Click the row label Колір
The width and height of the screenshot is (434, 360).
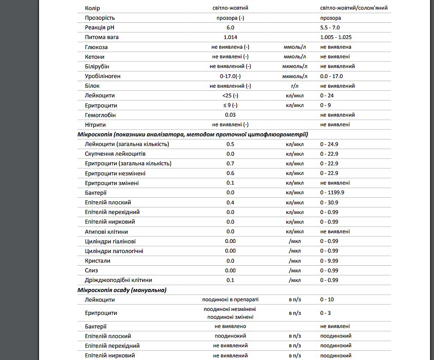(92, 8)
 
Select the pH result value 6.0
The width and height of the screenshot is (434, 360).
(230, 27)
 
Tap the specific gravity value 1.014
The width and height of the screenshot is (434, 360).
(230, 37)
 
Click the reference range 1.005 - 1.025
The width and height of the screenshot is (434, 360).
(336, 37)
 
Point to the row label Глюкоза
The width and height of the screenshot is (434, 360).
(96, 47)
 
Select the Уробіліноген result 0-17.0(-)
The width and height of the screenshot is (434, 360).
(230, 76)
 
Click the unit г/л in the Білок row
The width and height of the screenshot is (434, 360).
(295, 86)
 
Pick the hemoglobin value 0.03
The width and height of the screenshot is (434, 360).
(230, 115)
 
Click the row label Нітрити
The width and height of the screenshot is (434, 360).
(96, 125)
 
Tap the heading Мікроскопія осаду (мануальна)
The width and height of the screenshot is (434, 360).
(122, 290)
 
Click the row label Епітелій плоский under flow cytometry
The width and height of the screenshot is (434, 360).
(108, 203)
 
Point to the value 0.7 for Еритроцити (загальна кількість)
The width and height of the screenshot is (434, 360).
(230, 164)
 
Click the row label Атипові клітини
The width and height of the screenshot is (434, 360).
(107, 232)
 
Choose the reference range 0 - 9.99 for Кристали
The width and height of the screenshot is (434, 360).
(329, 261)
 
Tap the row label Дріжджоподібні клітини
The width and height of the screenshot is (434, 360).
(119, 280)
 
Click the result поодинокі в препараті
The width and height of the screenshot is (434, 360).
(230, 299)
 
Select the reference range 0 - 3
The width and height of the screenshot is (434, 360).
(325, 313)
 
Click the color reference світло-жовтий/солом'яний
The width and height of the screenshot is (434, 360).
(354, 8)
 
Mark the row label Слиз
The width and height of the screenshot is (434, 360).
(92, 271)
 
